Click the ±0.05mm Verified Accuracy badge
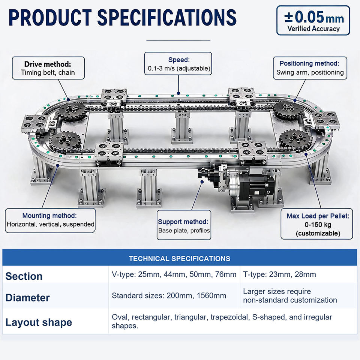(x=313, y=20)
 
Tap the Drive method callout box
(x=48, y=68)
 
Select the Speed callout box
(x=178, y=64)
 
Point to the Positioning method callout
(x=310, y=68)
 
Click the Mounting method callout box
(x=50, y=220)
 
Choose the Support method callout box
(x=184, y=225)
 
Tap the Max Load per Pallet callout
(x=316, y=224)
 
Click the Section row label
(x=24, y=276)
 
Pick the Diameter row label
(x=27, y=298)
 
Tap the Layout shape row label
(x=39, y=322)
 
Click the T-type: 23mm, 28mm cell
(x=279, y=274)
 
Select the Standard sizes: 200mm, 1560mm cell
(x=169, y=295)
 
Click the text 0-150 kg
(x=318, y=225)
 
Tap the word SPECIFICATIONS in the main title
(x=167, y=18)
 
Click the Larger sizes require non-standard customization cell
(x=290, y=296)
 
